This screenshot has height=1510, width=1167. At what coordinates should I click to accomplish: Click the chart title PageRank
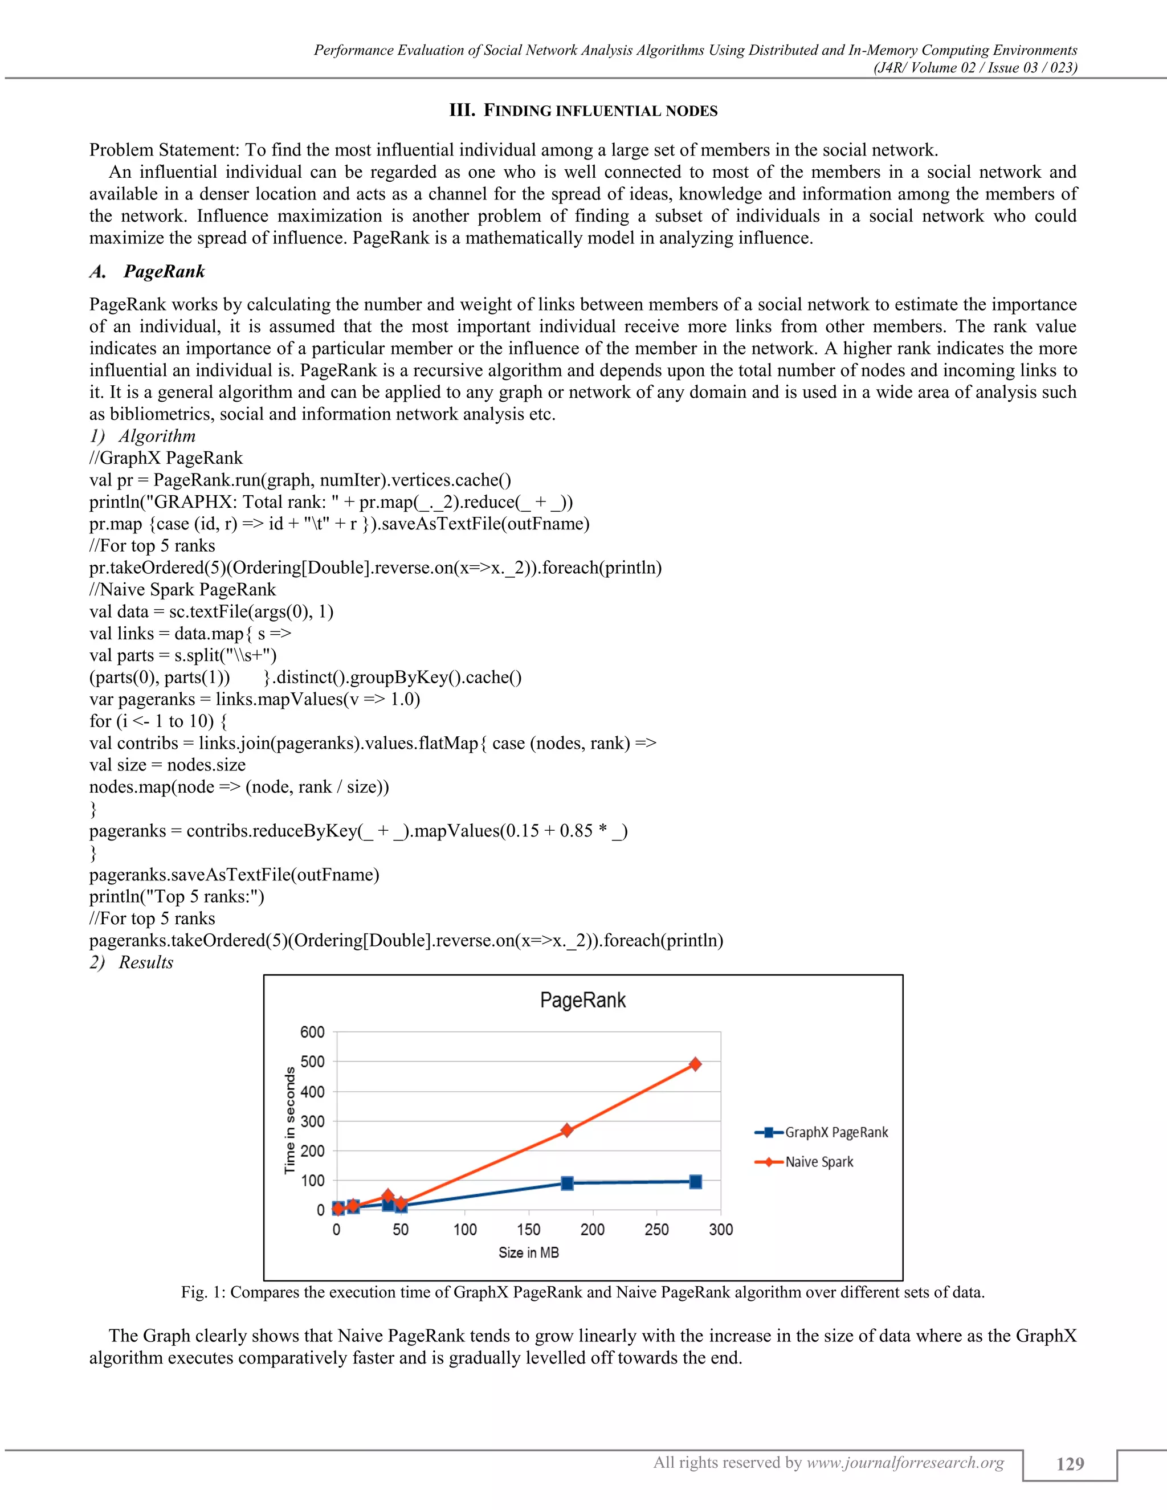(x=583, y=1001)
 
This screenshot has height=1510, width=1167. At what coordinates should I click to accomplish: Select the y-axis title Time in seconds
(x=289, y=1120)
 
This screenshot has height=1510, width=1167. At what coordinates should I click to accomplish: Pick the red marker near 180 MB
(x=567, y=1131)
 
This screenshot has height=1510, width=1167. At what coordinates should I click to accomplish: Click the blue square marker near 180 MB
(x=567, y=1183)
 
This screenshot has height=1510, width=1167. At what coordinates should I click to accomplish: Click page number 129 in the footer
(x=1070, y=1464)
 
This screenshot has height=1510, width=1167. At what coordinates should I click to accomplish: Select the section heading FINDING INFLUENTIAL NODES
(x=599, y=111)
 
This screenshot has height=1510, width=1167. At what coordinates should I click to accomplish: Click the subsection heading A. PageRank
(x=147, y=271)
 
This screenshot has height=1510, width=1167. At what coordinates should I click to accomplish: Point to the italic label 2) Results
(x=132, y=962)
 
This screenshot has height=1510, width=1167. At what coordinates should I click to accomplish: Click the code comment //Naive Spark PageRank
(x=182, y=590)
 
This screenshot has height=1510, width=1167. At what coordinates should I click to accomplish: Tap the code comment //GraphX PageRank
(x=166, y=458)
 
